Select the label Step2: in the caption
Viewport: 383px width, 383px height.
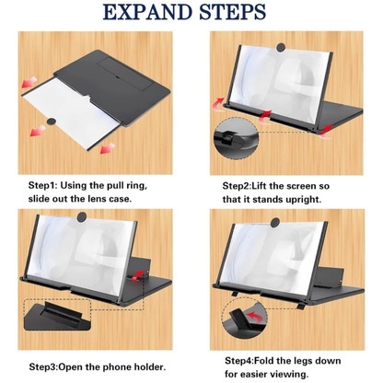(244, 185)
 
